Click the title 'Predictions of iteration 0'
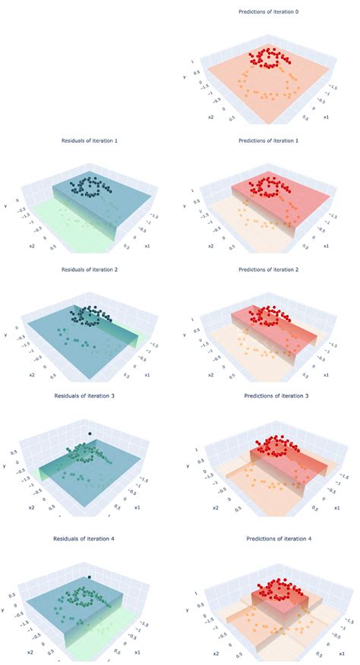267,11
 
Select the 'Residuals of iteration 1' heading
90,141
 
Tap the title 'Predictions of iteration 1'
267,141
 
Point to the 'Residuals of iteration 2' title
90,269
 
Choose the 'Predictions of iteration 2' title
267,269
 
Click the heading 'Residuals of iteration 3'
90,396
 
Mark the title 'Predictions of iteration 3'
267,396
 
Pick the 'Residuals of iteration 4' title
90,538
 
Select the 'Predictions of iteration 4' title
267,538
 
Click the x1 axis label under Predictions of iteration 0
326,118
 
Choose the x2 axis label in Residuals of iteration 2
32,375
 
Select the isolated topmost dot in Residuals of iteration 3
90,435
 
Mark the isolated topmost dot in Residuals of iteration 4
90,578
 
